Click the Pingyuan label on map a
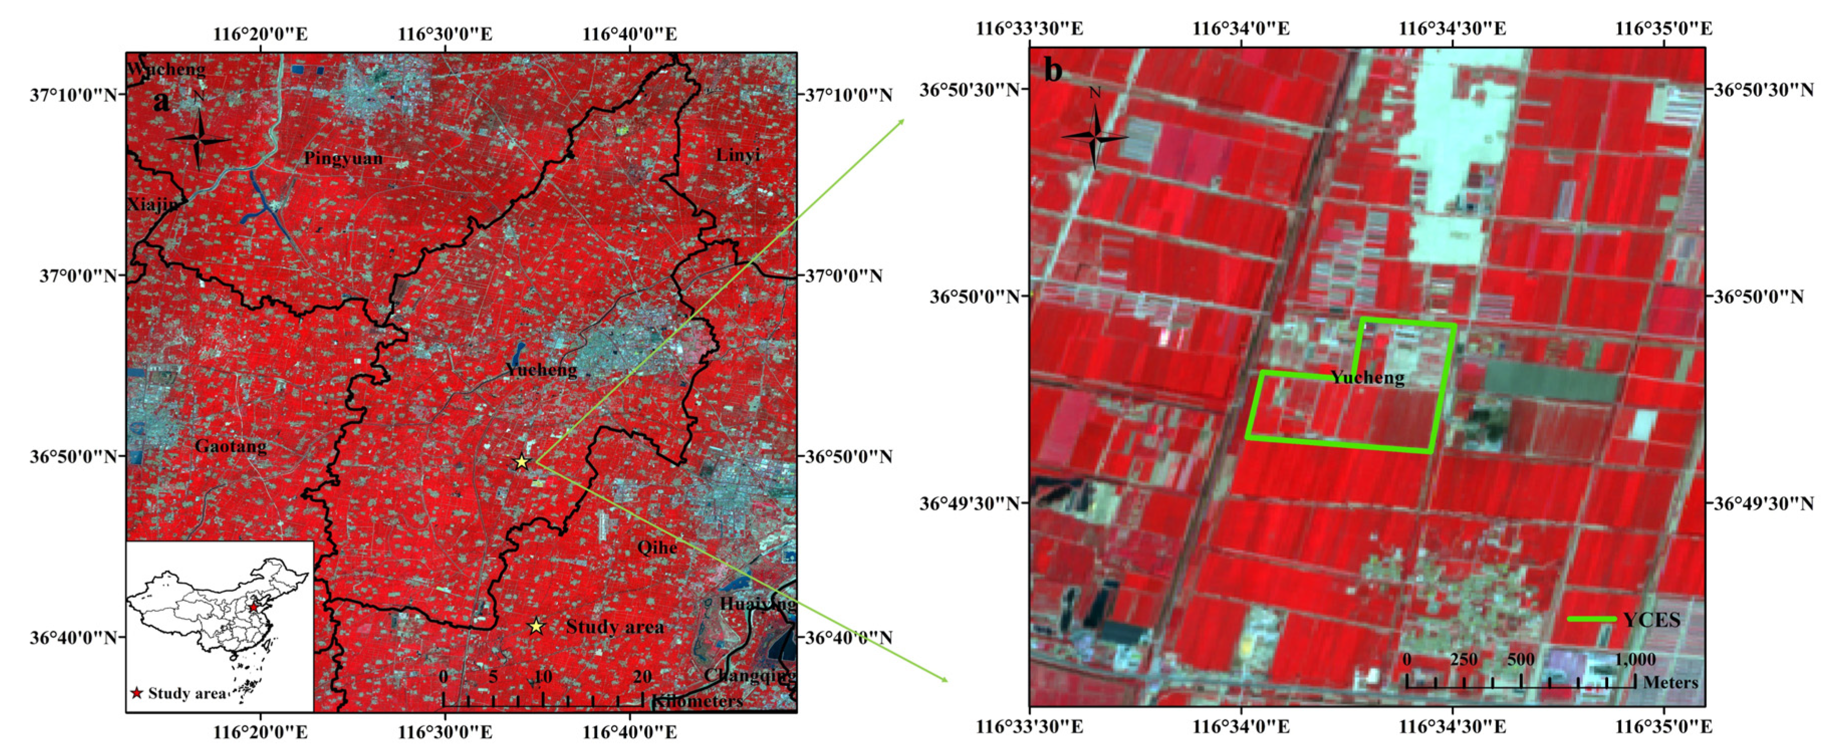(x=343, y=158)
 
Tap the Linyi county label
(x=738, y=154)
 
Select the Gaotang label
(x=231, y=446)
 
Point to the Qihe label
(x=657, y=547)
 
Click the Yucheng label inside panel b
(x=1367, y=377)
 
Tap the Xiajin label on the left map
(x=152, y=204)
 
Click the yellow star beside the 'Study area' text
(x=536, y=626)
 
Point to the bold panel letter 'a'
(x=162, y=101)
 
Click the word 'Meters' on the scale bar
(x=1670, y=682)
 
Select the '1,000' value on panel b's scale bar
(x=1634, y=660)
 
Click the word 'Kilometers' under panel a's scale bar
(x=697, y=701)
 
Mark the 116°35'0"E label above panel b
(x=1663, y=29)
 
